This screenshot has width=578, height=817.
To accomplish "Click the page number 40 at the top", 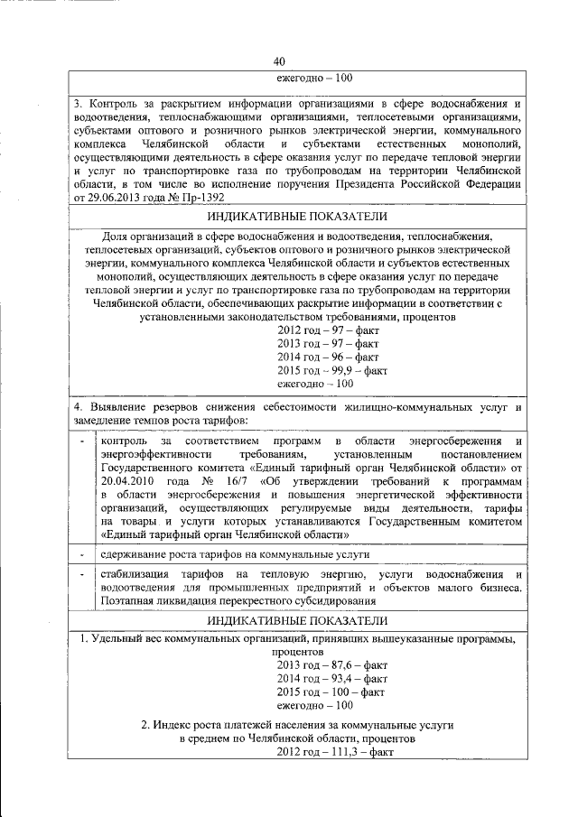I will click(279, 62).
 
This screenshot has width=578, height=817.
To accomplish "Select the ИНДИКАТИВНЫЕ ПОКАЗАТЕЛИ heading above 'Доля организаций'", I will click(297, 217).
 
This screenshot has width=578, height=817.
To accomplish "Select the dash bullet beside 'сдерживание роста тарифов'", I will click(82, 552).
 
